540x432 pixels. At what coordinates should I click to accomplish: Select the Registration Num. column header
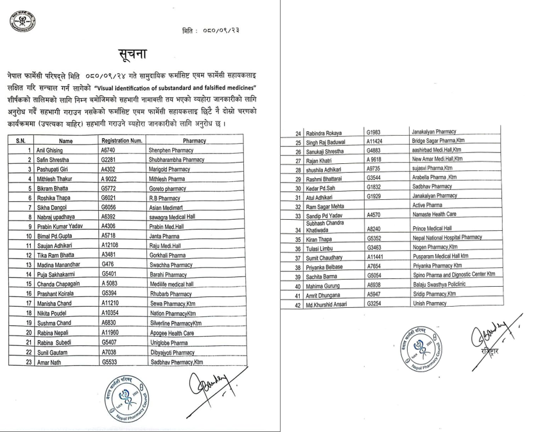tap(121, 140)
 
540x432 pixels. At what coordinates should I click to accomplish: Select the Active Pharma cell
tap(428, 206)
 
